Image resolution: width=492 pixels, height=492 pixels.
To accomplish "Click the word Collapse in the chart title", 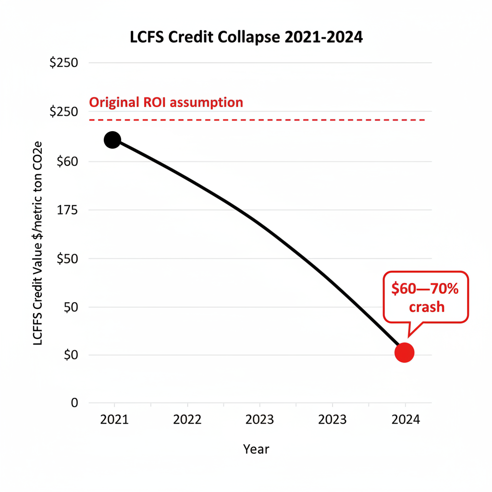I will click(x=247, y=37).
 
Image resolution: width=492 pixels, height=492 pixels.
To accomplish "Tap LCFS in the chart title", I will click(x=146, y=37).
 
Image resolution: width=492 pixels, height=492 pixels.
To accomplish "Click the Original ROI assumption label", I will click(x=166, y=102).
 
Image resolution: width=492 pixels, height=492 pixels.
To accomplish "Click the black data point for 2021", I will click(x=112, y=140).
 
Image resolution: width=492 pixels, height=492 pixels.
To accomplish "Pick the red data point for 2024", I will click(x=404, y=352).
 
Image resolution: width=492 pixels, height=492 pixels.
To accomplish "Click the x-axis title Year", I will click(x=256, y=449).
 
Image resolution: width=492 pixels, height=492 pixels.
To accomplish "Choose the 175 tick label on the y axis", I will click(x=67, y=210).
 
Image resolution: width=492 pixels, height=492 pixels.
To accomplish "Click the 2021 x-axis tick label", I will click(x=114, y=419).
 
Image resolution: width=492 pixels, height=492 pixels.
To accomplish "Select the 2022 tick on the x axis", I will click(x=187, y=419).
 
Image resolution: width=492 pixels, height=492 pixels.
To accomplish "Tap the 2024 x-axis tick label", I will click(x=406, y=419).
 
